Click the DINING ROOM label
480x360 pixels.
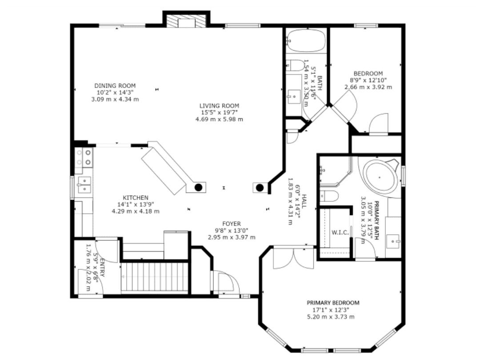[115, 86]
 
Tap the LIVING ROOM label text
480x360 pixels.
[219, 106]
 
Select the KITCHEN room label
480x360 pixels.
[136, 198]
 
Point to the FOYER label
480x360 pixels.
[232, 224]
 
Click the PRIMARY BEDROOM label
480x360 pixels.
[333, 303]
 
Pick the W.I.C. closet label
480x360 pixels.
[340, 232]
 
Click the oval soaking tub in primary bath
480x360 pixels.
[380, 177]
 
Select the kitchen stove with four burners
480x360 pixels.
[84, 158]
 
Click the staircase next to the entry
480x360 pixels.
[155, 276]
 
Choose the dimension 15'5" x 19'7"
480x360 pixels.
[219, 112]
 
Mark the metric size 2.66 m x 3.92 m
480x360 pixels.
[368, 87]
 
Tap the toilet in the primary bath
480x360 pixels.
[329, 196]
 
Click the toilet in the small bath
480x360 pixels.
[296, 65]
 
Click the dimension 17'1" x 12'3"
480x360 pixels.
[331, 309]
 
